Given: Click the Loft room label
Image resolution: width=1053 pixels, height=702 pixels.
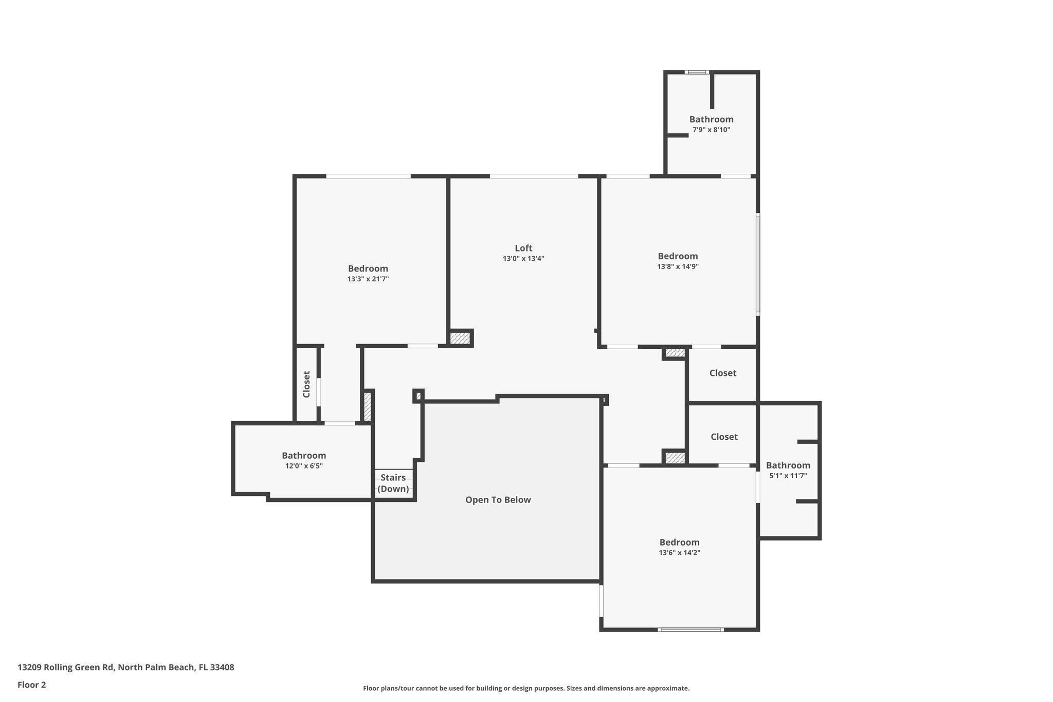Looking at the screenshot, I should tap(523, 248).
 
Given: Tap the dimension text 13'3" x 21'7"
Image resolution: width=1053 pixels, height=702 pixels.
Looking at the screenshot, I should tap(368, 279).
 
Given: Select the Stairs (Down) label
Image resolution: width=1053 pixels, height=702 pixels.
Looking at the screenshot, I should tap(393, 483).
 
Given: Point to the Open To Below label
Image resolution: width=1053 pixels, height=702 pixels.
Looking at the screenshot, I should tap(498, 500).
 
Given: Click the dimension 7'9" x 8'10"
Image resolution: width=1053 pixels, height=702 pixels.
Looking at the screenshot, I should tap(711, 130).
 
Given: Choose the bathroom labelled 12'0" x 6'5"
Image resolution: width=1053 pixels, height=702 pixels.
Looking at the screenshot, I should tap(304, 456).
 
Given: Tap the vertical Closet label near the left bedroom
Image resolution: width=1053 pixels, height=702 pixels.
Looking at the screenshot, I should tap(306, 384).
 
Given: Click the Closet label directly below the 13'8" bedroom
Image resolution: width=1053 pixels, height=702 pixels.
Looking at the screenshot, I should tap(722, 373).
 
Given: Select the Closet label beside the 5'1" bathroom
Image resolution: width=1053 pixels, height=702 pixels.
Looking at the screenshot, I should tap(724, 437).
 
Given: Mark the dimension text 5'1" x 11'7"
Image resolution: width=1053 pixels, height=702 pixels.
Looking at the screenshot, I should tap(788, 476).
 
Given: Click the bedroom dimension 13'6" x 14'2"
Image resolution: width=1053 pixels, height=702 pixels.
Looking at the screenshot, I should tap(679, 553).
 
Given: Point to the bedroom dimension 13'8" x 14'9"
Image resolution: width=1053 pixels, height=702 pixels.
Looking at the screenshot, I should tap(678, 267).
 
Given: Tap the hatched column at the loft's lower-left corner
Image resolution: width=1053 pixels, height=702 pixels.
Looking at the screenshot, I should tap(460, 338).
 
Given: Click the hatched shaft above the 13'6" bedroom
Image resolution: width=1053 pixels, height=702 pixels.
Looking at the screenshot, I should tap(675, 457).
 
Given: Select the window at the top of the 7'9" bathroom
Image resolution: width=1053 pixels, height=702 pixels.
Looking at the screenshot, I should tap(697, 72).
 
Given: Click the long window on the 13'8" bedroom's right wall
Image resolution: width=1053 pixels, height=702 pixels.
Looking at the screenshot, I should tap(758, 264).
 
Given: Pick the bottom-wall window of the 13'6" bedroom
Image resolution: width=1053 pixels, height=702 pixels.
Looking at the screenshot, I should tap(691, 629).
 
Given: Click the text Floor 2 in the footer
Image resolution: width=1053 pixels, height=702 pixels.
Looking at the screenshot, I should tap(32, 685).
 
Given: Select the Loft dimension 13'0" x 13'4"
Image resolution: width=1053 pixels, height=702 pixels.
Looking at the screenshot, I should tap(523, 259).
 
